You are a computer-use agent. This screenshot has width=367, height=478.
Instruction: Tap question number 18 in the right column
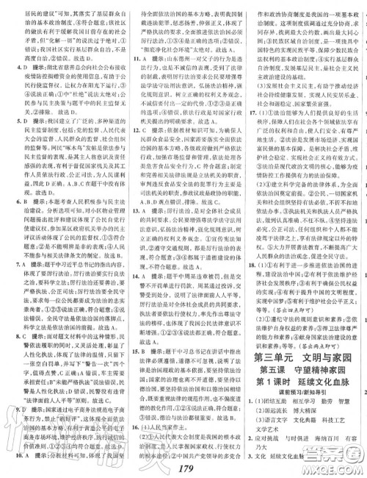250,265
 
